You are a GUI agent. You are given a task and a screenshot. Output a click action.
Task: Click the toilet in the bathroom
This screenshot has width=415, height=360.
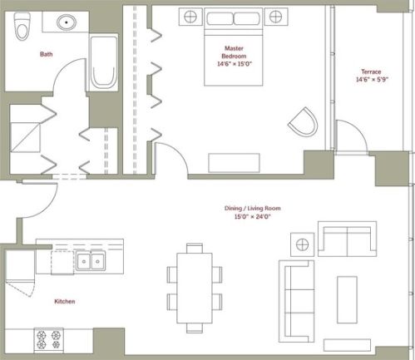(21, 27)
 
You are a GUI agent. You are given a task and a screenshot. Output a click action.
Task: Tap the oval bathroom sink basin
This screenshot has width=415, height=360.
(67, 22)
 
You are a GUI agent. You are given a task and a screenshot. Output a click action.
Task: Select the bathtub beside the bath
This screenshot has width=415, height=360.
(103, 62)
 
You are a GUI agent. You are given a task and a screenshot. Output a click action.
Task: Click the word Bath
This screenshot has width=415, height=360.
(46, 54)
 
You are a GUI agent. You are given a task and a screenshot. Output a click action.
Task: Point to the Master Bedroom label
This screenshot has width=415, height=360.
(234, 52)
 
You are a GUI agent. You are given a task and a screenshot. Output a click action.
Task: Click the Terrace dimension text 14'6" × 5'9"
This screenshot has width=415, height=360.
(372, 80)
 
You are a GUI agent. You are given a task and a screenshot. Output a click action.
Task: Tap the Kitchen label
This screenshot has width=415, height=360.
(65, 301)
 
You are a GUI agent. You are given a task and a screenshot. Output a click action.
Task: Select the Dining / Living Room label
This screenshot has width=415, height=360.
(253, 208)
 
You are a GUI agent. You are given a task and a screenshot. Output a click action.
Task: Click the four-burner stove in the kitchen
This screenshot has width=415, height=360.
(48, 340)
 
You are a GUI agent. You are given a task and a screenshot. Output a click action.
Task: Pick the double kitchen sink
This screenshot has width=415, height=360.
(91, 261)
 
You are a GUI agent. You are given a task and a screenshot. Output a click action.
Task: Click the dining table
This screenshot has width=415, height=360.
(195, 288)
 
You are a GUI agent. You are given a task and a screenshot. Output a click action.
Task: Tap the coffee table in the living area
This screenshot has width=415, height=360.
(347, 299)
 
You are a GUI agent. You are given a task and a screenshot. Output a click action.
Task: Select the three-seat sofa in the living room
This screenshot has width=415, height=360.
(296, 301)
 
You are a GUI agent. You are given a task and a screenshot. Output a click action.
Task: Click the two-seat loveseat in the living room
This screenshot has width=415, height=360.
(347, 239)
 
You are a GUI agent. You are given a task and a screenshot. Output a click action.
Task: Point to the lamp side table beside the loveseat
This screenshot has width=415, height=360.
(302, 244)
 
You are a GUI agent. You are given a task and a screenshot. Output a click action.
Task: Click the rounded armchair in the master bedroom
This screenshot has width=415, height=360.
(304, 121)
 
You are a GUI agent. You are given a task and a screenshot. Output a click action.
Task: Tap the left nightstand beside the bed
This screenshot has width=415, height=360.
(190, 17)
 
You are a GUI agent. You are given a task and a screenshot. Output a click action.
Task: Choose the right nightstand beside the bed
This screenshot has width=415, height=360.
(276, 17)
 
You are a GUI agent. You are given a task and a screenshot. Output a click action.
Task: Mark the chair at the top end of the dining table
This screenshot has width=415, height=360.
(195, 248)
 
